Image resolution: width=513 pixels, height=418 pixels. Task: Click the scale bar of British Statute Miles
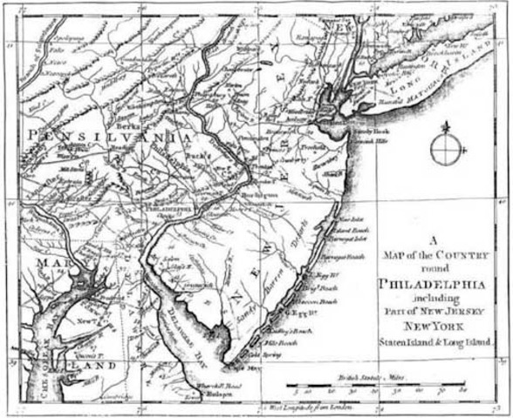coord(383,384)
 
